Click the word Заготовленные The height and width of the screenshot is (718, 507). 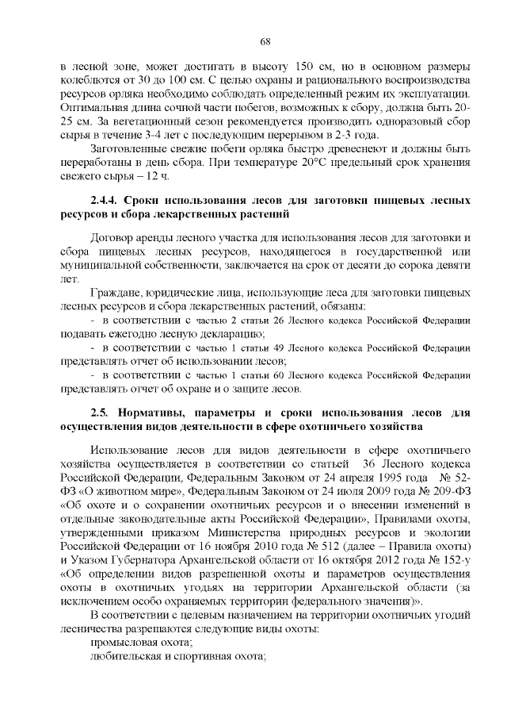pyautogui.click(x=130, y=148)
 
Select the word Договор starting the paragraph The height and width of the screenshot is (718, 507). pyautogui.click(x=112, y=237)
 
